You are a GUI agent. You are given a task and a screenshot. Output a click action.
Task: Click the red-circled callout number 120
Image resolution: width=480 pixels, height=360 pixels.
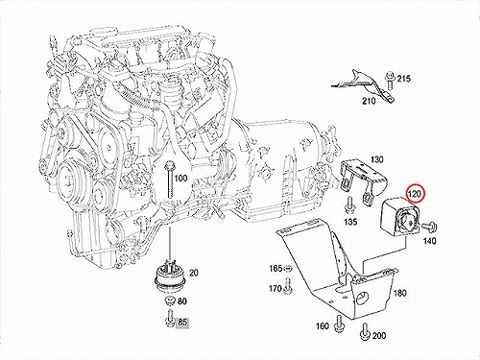pos(415,194)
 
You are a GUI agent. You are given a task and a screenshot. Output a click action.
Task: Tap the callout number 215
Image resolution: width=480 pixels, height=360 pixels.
pos(404,79)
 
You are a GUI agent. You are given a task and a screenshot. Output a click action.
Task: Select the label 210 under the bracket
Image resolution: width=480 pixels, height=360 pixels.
pos(369,101)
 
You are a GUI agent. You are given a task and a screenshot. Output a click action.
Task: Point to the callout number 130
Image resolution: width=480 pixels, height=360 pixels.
pos(376,159)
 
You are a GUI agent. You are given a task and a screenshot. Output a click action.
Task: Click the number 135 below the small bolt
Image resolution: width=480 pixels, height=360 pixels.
pos(350,222)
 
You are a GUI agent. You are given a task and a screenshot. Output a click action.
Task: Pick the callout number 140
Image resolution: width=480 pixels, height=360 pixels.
pos(429,240)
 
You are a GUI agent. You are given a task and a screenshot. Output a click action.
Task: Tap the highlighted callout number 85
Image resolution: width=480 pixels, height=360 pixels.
pos(182,323)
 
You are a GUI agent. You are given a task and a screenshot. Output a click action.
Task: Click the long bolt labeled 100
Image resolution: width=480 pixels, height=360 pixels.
pos(169,181)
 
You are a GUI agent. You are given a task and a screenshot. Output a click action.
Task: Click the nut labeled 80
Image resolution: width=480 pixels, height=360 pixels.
pos(169,301)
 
